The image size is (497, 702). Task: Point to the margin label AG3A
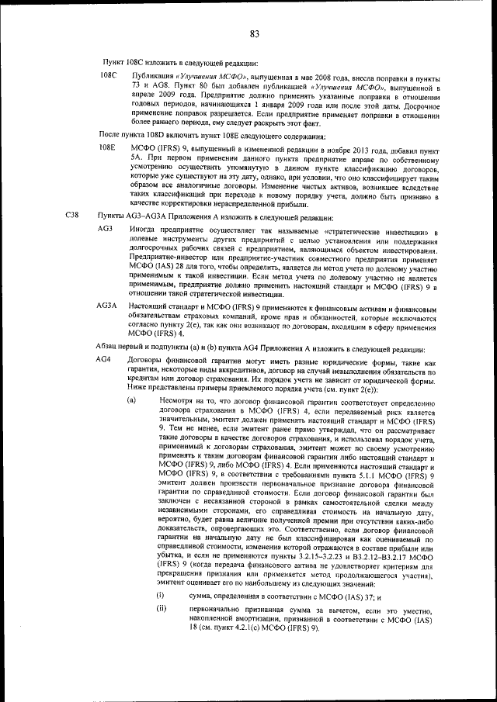(x=107, y=307)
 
